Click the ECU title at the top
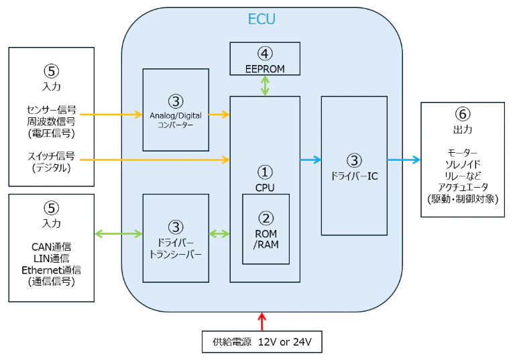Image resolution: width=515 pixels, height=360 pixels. tap(262, 19)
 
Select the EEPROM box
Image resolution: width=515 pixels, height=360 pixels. tap(265, 59)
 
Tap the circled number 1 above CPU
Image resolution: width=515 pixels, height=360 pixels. tap(265, 172)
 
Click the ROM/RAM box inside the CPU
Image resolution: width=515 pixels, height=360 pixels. tap(266, 229)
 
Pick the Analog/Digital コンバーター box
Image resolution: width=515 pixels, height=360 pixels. tap(176, 110)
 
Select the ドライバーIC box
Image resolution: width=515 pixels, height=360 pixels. tap(353, 166)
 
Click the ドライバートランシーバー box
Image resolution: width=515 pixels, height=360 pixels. tap(176, 238)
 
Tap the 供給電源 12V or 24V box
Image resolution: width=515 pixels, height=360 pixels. tap(262, 341)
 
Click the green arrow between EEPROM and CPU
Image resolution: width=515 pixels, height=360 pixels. tap(266, 86)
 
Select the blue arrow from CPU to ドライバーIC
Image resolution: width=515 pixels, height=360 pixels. tap(310, 160)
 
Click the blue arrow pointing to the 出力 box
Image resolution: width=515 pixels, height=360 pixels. tap(404, 160)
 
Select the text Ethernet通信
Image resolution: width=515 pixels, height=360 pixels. tap(51, 269)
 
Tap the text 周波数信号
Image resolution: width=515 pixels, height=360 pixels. tap(51, 121)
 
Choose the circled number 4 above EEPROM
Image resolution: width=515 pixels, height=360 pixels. tap(265, 52)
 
